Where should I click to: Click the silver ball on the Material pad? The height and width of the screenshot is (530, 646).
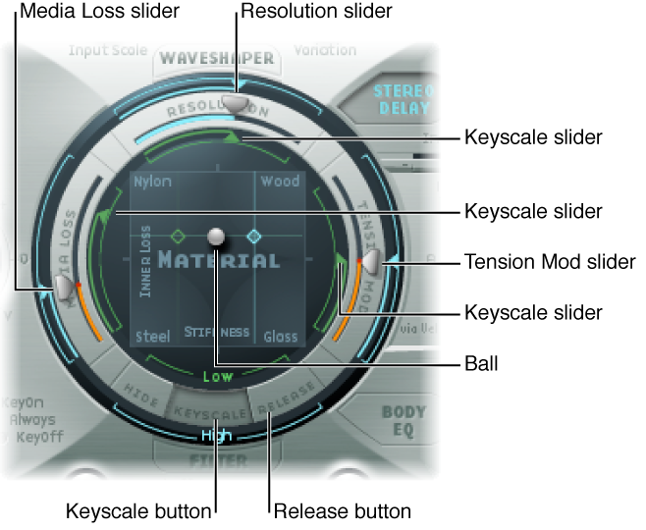[x=216, y=237]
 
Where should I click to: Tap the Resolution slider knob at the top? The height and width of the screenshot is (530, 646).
[x=235, y=101]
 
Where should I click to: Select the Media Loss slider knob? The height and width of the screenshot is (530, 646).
[x=63, y=286]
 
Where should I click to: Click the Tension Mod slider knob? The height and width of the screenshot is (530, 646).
[x=369, y=262]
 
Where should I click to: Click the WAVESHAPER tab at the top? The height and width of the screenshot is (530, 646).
[x=216, y=57]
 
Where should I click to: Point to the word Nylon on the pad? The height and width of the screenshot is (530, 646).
[x=153, y=182]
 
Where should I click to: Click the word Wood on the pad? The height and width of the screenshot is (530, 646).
[x=279, y=182]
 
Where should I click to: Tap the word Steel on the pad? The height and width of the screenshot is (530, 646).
[x=151, y=337]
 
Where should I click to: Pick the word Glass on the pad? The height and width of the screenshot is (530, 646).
[x=280, y=337]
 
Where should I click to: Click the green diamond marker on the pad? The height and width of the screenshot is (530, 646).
[x=178, y=237]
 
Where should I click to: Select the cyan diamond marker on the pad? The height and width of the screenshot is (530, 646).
[x=253, y=237]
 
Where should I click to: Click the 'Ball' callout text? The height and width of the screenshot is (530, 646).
[x=481, y=363]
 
